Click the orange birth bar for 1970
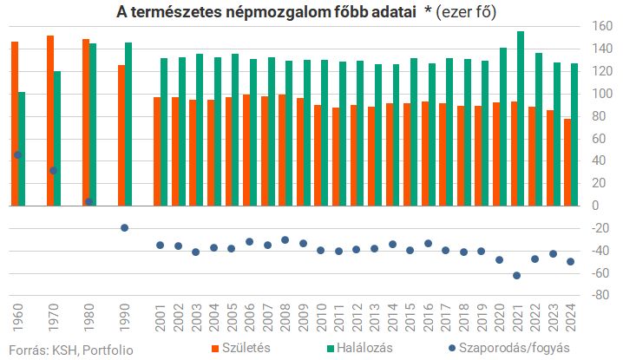[x=50, y=121]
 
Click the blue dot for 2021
[x=517, y=275]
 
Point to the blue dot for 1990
[x=125, y=227]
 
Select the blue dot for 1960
[x=17, y=155]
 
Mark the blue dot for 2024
[x=571, y=261]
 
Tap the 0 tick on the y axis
[x=594, y=206]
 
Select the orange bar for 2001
[x=157, y=151]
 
